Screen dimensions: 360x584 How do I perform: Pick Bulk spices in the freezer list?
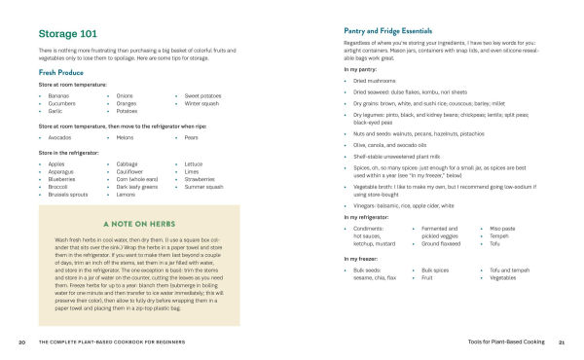coord(436,270)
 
